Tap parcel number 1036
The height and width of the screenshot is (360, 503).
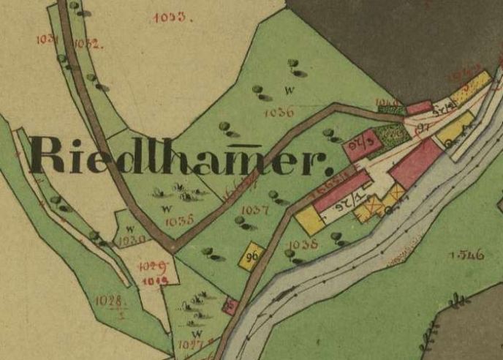coord(280,112)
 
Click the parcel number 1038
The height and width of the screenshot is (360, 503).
coord(303,244)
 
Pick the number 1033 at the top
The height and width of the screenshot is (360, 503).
coord(171,17)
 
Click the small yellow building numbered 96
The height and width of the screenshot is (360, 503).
coord(253,257)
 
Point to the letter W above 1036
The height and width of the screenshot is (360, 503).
coord(290,91)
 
